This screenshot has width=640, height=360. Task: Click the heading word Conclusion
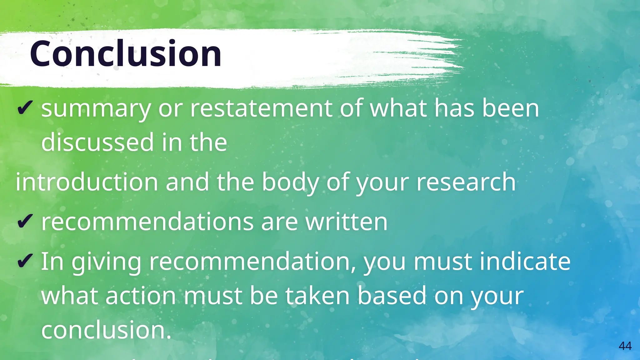pos(126,54)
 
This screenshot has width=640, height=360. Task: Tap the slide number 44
pos(625,346)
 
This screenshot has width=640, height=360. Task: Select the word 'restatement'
pos(261,108)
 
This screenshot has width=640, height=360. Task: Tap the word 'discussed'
pos(97,142)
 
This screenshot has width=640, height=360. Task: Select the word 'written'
pos(346,222)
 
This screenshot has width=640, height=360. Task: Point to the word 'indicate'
pos(525,261)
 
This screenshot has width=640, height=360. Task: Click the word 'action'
pos(141,296)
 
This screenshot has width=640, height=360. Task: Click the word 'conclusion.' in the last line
pos(106,330)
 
